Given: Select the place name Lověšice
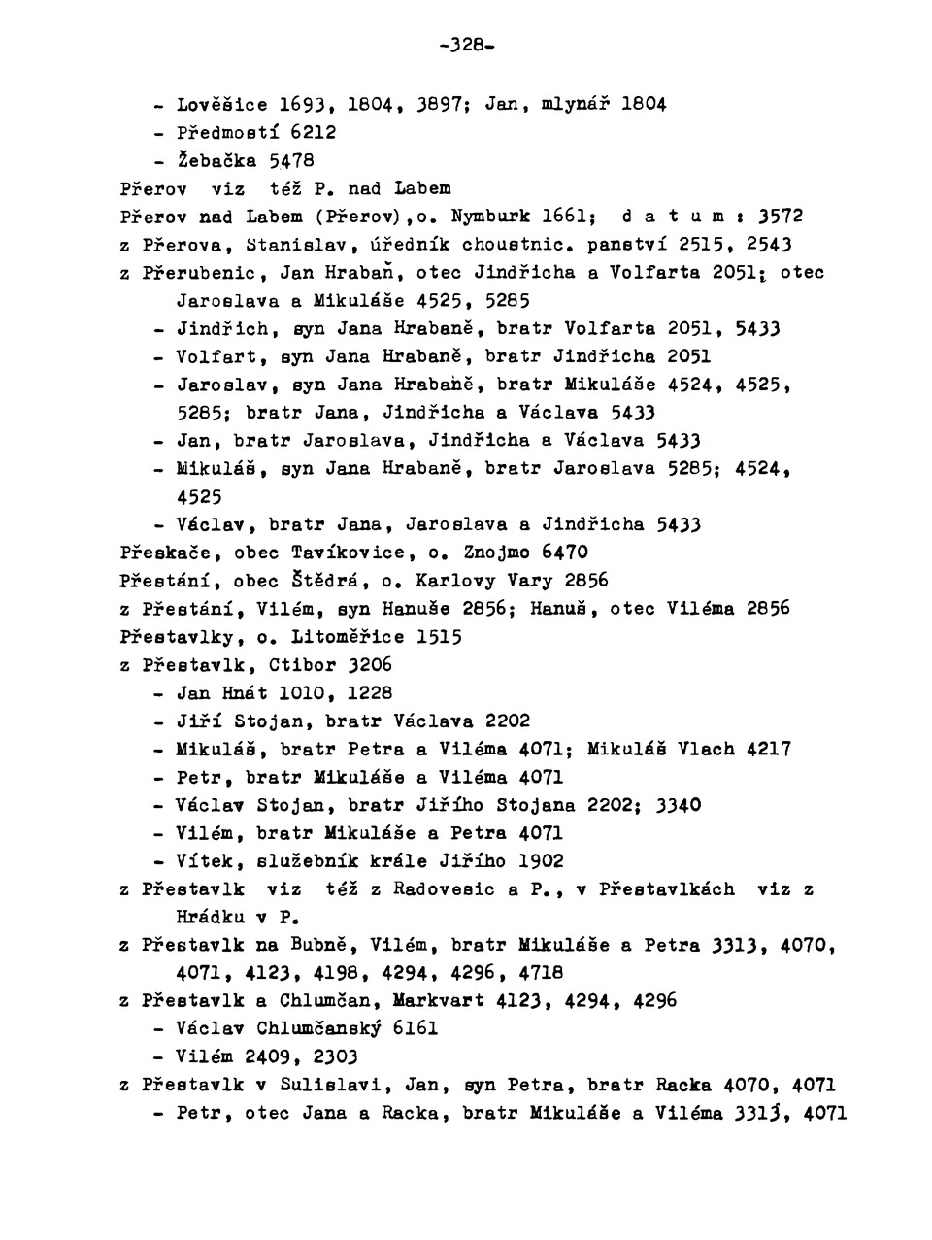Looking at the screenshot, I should pyautogui.click(x=222, y=103).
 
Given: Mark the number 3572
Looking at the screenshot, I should pyautogui.click(x=781, y=216).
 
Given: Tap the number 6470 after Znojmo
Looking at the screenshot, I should pyautogui.click(x=564, y=553).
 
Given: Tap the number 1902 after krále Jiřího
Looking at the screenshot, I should pyautogui.click(x=541, y=861).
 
